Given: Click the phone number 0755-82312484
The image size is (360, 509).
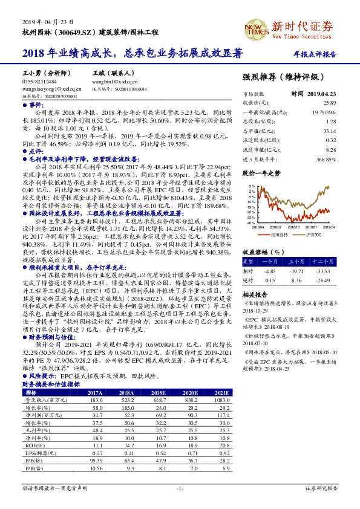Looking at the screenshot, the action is click(x=40, y=81).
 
